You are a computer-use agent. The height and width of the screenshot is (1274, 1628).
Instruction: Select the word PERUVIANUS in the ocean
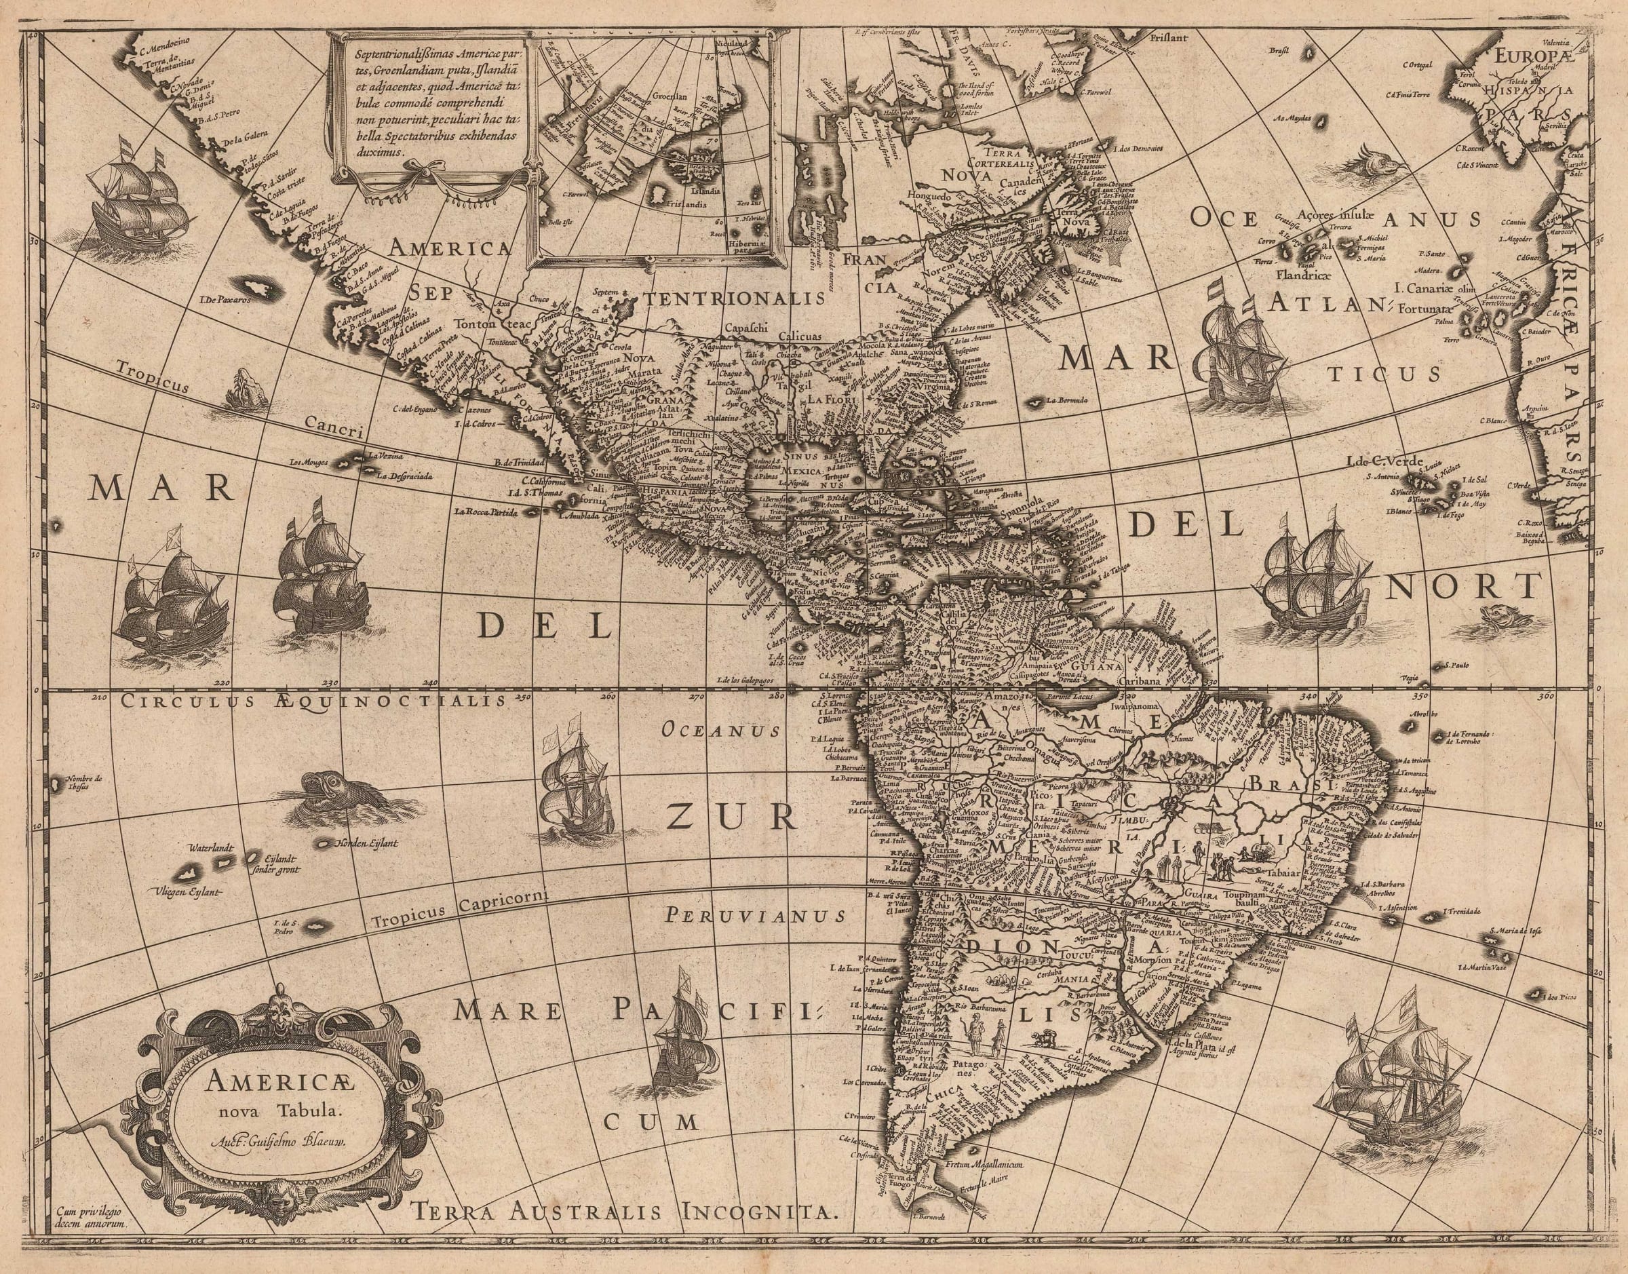756,914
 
